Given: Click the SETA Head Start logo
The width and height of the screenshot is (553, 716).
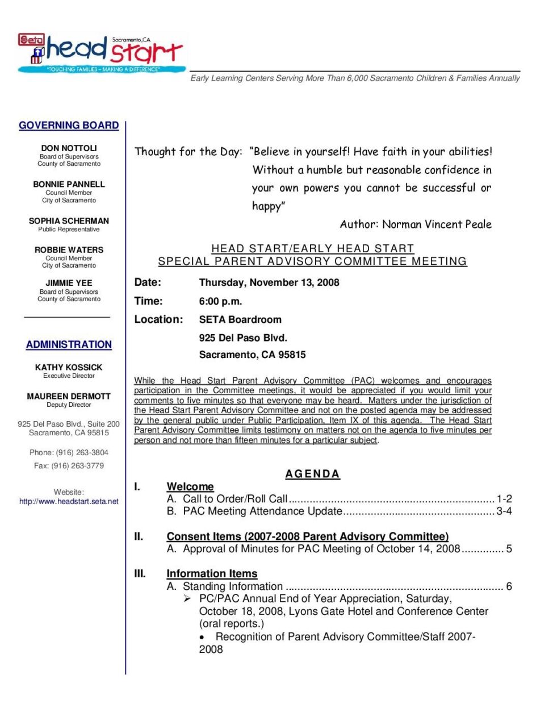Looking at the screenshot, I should click(101, 53).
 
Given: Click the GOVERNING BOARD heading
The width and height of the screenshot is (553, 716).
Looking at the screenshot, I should click(69, 125).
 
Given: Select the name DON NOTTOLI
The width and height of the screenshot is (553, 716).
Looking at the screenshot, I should click(69, 148).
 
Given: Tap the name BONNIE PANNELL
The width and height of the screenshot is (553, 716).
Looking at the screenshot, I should click(69, 184).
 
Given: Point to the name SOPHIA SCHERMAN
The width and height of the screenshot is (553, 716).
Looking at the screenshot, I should click(69, 220).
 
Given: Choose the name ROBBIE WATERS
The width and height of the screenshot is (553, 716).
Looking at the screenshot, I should click(69, 249).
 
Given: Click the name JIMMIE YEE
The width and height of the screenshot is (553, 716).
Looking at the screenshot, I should click(69, 282).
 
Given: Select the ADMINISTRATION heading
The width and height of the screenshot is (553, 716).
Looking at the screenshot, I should click(69, 344).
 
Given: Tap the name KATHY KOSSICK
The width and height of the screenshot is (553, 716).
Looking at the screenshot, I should click(69, 367).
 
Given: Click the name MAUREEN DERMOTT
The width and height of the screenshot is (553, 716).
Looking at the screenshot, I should click(69, 396).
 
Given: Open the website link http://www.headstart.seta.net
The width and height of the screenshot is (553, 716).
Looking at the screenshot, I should click(69, 501).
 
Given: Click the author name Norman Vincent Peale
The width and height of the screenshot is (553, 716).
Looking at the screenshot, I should click(437, 224).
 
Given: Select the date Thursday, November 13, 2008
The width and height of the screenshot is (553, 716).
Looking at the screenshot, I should click(269, 282).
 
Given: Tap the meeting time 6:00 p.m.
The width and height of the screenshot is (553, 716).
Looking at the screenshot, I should click(220, 301).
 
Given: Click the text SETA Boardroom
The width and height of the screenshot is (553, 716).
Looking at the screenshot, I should click(240, 319).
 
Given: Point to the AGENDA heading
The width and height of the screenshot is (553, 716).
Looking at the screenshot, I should click(312, 474).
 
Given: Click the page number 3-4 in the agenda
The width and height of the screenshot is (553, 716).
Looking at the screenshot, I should click(504, 511).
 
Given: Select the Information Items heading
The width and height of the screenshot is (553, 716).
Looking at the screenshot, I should click(212, 573).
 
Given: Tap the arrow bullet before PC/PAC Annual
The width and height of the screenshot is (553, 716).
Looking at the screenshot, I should click(187, 598).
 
